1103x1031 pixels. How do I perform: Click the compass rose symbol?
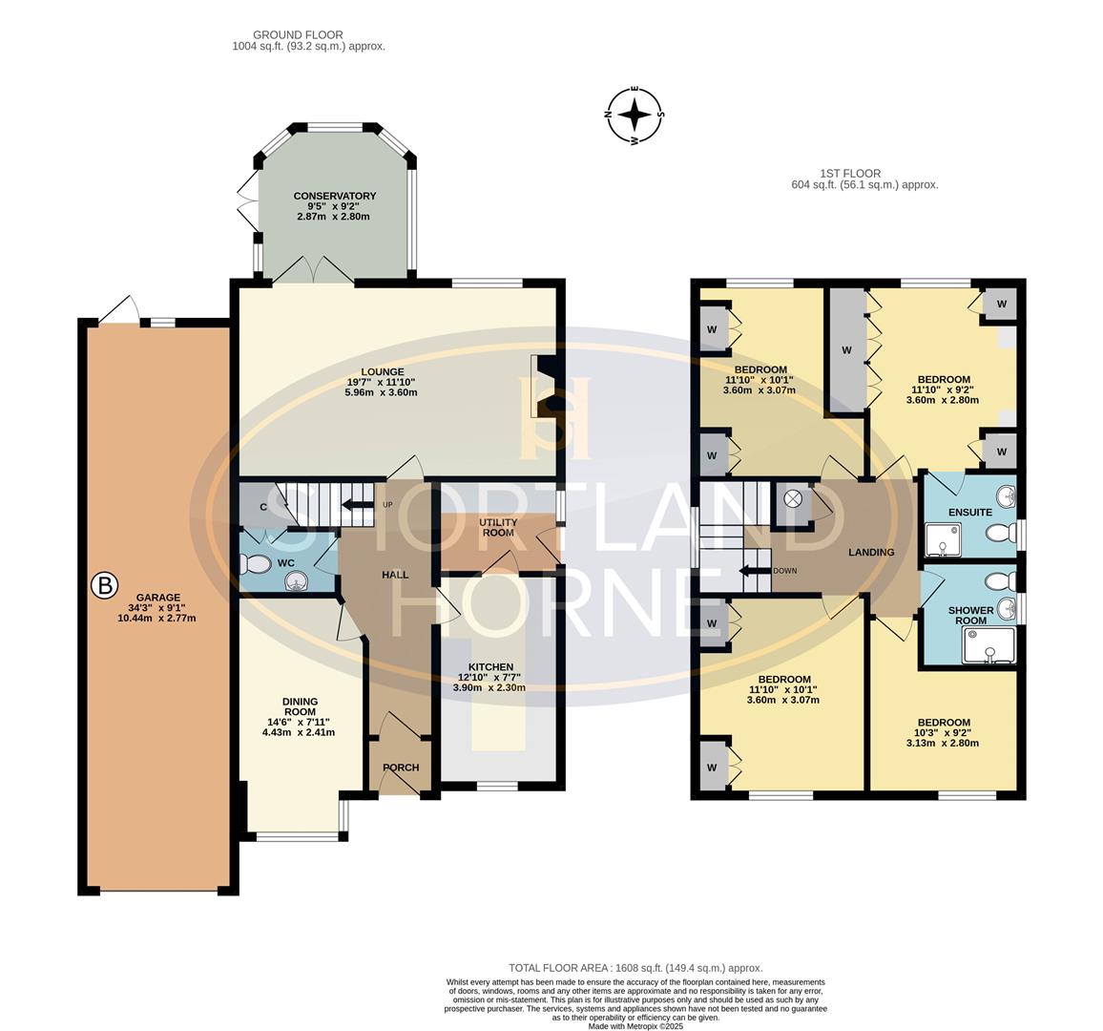pos(635,116)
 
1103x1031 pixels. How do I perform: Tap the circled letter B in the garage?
pos(104,584)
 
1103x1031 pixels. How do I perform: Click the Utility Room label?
pos(498,527)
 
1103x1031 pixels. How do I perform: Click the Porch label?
pos(401,768)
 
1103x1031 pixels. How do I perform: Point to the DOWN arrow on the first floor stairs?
pos(757,571)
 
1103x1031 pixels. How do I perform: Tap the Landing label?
pos(871,552)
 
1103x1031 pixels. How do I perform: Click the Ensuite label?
pos(969,513)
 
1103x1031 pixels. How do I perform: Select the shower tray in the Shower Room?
pos(988,648)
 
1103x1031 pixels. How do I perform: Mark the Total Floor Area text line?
pos(635,968)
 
